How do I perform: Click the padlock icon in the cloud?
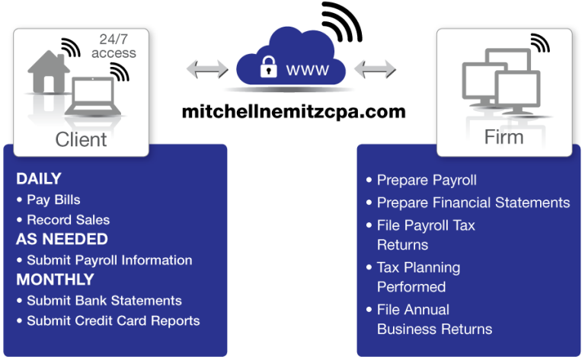267,68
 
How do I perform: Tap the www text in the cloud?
307,70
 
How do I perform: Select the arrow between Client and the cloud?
206,69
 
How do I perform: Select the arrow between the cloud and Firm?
373,69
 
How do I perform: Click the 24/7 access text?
113,46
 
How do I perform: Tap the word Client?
81,139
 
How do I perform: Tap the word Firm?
503,137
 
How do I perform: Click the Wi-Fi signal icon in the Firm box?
540,43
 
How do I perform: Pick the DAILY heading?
38,180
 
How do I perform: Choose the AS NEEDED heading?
62,239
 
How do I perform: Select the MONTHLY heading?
55,279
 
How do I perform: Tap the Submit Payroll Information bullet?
109,260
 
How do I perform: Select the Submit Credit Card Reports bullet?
113,320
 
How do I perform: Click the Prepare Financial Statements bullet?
473,202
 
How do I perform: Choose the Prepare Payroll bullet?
427,180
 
